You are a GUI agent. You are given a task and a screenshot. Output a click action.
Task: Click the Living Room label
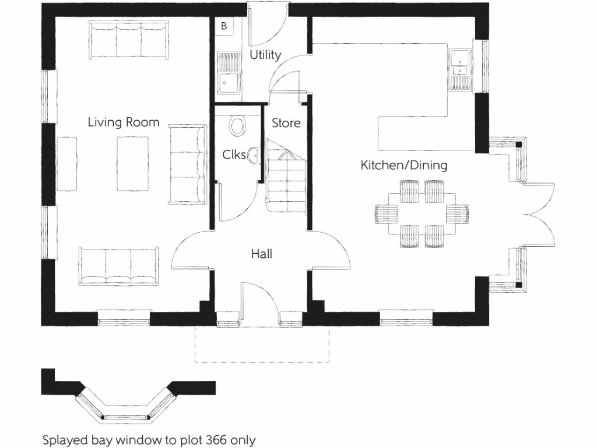point(123,122)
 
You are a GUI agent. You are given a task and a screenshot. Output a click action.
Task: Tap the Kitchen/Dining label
point(403,165)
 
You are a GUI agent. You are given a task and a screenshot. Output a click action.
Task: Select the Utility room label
point(265,55)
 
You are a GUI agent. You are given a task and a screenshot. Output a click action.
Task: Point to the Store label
point(286,123)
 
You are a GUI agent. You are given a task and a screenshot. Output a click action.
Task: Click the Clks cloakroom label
point(234,155)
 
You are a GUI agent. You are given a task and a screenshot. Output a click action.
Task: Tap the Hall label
point(261,254)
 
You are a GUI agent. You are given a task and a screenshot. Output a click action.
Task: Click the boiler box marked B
point(224,26)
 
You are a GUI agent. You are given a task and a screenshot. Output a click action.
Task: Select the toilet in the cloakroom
point(237,125)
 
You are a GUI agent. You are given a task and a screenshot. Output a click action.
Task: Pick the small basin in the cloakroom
point(254,155)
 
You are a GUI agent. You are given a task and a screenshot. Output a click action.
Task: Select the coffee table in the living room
point(133,163)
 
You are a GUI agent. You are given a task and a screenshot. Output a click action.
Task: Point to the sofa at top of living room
point(129,40)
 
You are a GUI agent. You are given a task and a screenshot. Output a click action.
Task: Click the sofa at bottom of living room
point(119,266)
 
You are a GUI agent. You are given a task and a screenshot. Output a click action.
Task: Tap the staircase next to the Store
point(286,178)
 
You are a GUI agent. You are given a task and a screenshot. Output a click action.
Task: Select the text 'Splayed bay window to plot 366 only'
point(149,439)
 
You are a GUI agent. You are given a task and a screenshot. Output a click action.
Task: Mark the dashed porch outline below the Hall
point(262,350)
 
